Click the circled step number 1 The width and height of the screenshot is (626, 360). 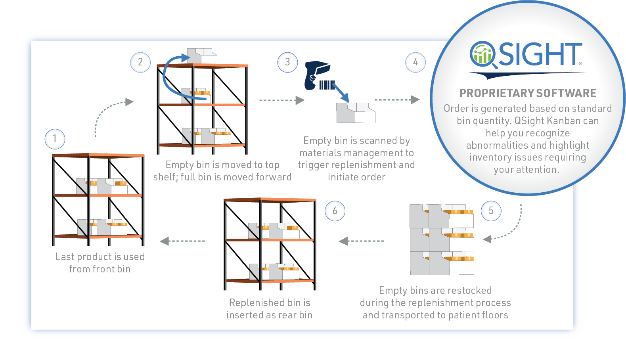[x=55, y=139]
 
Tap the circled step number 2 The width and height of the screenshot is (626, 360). [x=140, y=62]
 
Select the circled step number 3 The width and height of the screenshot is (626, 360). [x=287, y=62]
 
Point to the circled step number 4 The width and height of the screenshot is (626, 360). [x=415, y=62]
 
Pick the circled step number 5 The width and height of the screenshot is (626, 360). [x=491, y=211]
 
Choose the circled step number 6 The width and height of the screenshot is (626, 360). [x=335, y=211]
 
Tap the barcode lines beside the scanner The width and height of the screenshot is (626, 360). [x=327, y=85]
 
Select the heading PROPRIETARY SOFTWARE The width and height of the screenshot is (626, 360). [x=528, y=93]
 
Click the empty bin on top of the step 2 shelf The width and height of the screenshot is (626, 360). [x=202, y=56]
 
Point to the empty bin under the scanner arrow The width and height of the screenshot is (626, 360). [x=356, y=113]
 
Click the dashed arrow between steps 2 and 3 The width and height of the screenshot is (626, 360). [x=282, y=100]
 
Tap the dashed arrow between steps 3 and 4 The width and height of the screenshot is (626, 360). [x=397, y=100]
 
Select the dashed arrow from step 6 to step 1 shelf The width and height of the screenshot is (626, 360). [x=182, y=241]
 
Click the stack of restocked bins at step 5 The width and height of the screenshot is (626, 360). [x=442, y=239]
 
